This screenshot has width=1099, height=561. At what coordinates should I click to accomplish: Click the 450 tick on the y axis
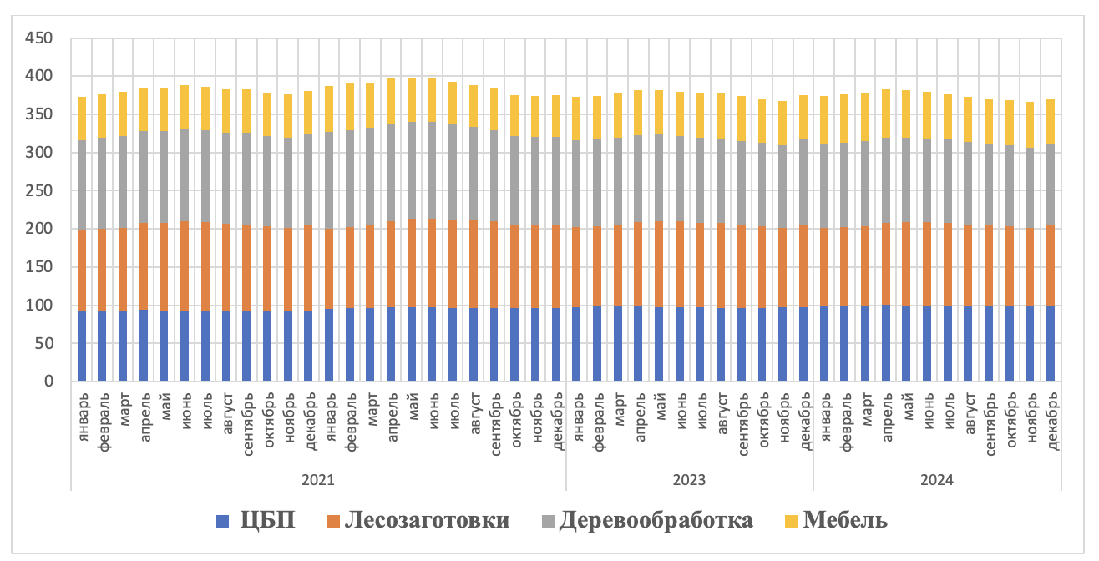39,38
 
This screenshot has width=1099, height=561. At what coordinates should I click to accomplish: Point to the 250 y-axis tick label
39,191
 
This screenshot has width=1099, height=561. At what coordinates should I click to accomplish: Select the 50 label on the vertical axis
43,343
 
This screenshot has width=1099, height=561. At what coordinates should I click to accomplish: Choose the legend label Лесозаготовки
426,520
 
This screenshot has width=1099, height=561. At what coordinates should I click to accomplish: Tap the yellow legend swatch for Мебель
790,521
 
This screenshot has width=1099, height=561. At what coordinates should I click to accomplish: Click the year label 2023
689,480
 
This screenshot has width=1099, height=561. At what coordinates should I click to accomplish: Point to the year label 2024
937,480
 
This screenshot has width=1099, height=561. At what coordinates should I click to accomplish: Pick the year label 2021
318,480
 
